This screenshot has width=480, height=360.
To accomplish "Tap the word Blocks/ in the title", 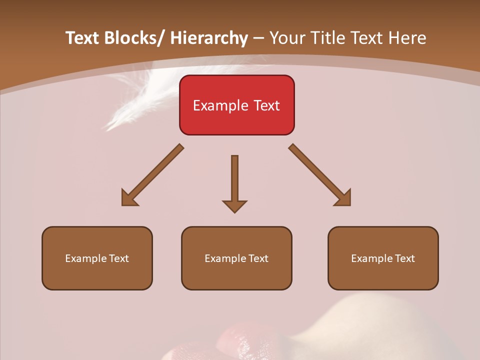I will tap(133, 38).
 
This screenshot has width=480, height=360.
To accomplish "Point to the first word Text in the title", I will tap(82, 38).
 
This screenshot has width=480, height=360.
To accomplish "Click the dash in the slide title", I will tap(258, 38).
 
